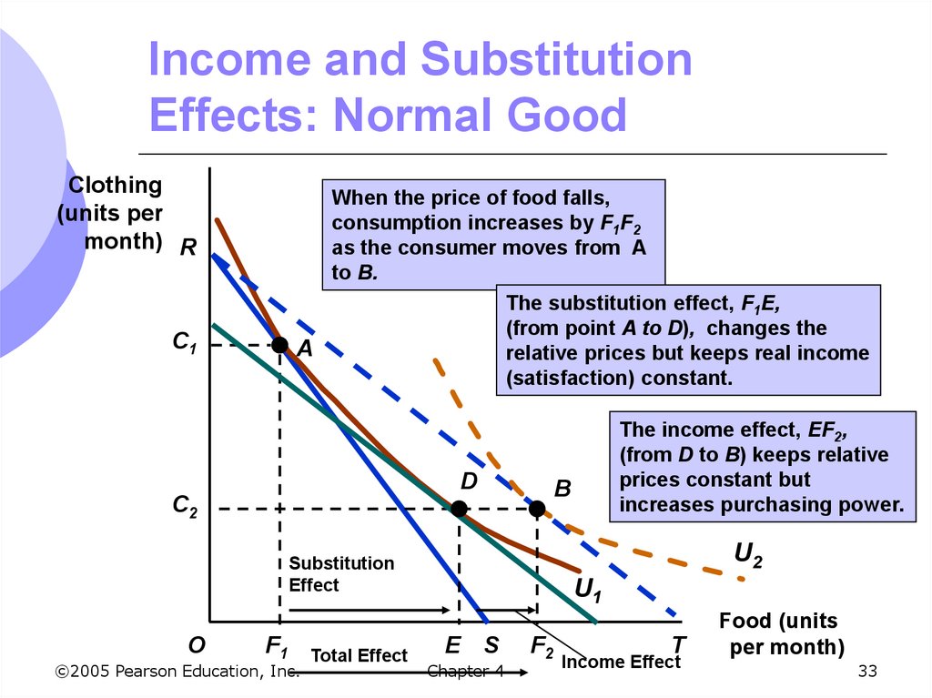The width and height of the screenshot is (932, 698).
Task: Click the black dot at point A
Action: (279, 345)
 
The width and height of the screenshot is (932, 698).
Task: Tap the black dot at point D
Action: (460, 509)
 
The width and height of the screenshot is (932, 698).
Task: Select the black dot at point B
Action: (537, 509)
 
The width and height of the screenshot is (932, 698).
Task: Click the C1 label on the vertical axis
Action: (185, 344)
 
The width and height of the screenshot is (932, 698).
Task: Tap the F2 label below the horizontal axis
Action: (542, 647)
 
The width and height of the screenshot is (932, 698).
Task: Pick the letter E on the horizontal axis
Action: (452, 645)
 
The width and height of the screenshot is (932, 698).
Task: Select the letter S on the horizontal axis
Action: (491, 645)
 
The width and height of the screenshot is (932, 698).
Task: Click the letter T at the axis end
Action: (678, 645)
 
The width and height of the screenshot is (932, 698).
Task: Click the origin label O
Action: (197, 645)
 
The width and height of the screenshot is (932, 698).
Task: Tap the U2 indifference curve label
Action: (747, 554)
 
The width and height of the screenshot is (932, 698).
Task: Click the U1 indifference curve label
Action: (588, 591)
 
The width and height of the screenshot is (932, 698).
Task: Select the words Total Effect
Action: (359, 655)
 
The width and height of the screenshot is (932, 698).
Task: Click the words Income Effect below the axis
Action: (621, 662)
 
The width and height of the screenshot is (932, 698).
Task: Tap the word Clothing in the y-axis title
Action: (116, 186)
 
